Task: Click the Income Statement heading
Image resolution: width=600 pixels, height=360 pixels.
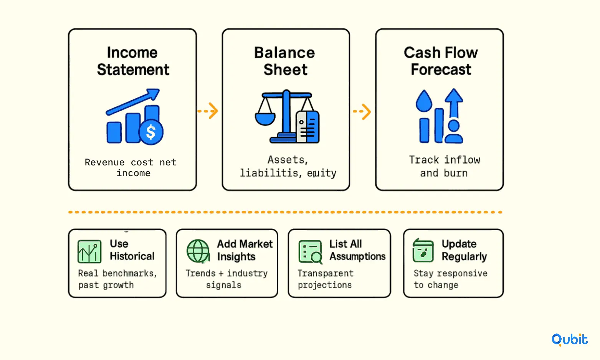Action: coord(133,61)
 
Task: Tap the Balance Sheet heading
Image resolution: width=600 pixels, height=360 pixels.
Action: coord(285,61)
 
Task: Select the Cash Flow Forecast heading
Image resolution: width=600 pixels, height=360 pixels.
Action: coord(441,61)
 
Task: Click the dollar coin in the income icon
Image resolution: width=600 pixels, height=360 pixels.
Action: coord(151,132)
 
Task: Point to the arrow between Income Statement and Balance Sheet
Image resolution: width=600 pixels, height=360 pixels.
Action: coord(208,111)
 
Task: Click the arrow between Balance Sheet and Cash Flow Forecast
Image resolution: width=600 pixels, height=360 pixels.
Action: coord(362,111)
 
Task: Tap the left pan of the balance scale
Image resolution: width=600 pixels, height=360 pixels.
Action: coord(265,119)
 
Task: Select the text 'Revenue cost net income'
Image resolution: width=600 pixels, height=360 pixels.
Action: coord(131,168)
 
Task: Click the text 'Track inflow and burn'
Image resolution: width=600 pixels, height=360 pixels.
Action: coord(445,166)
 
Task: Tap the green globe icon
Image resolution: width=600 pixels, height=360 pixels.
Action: coord(198,251)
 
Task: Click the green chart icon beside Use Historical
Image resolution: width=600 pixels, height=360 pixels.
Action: coord(89,251)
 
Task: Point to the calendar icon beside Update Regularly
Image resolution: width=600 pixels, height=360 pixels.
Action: coord(423,250)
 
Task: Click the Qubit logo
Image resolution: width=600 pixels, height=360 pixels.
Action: coord(570,340)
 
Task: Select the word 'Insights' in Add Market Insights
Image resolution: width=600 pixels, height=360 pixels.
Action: coord(236,257)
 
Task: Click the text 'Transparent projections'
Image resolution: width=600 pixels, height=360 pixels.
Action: coord(326,279)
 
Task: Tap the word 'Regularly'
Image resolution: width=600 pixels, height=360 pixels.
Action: coord(464,257)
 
